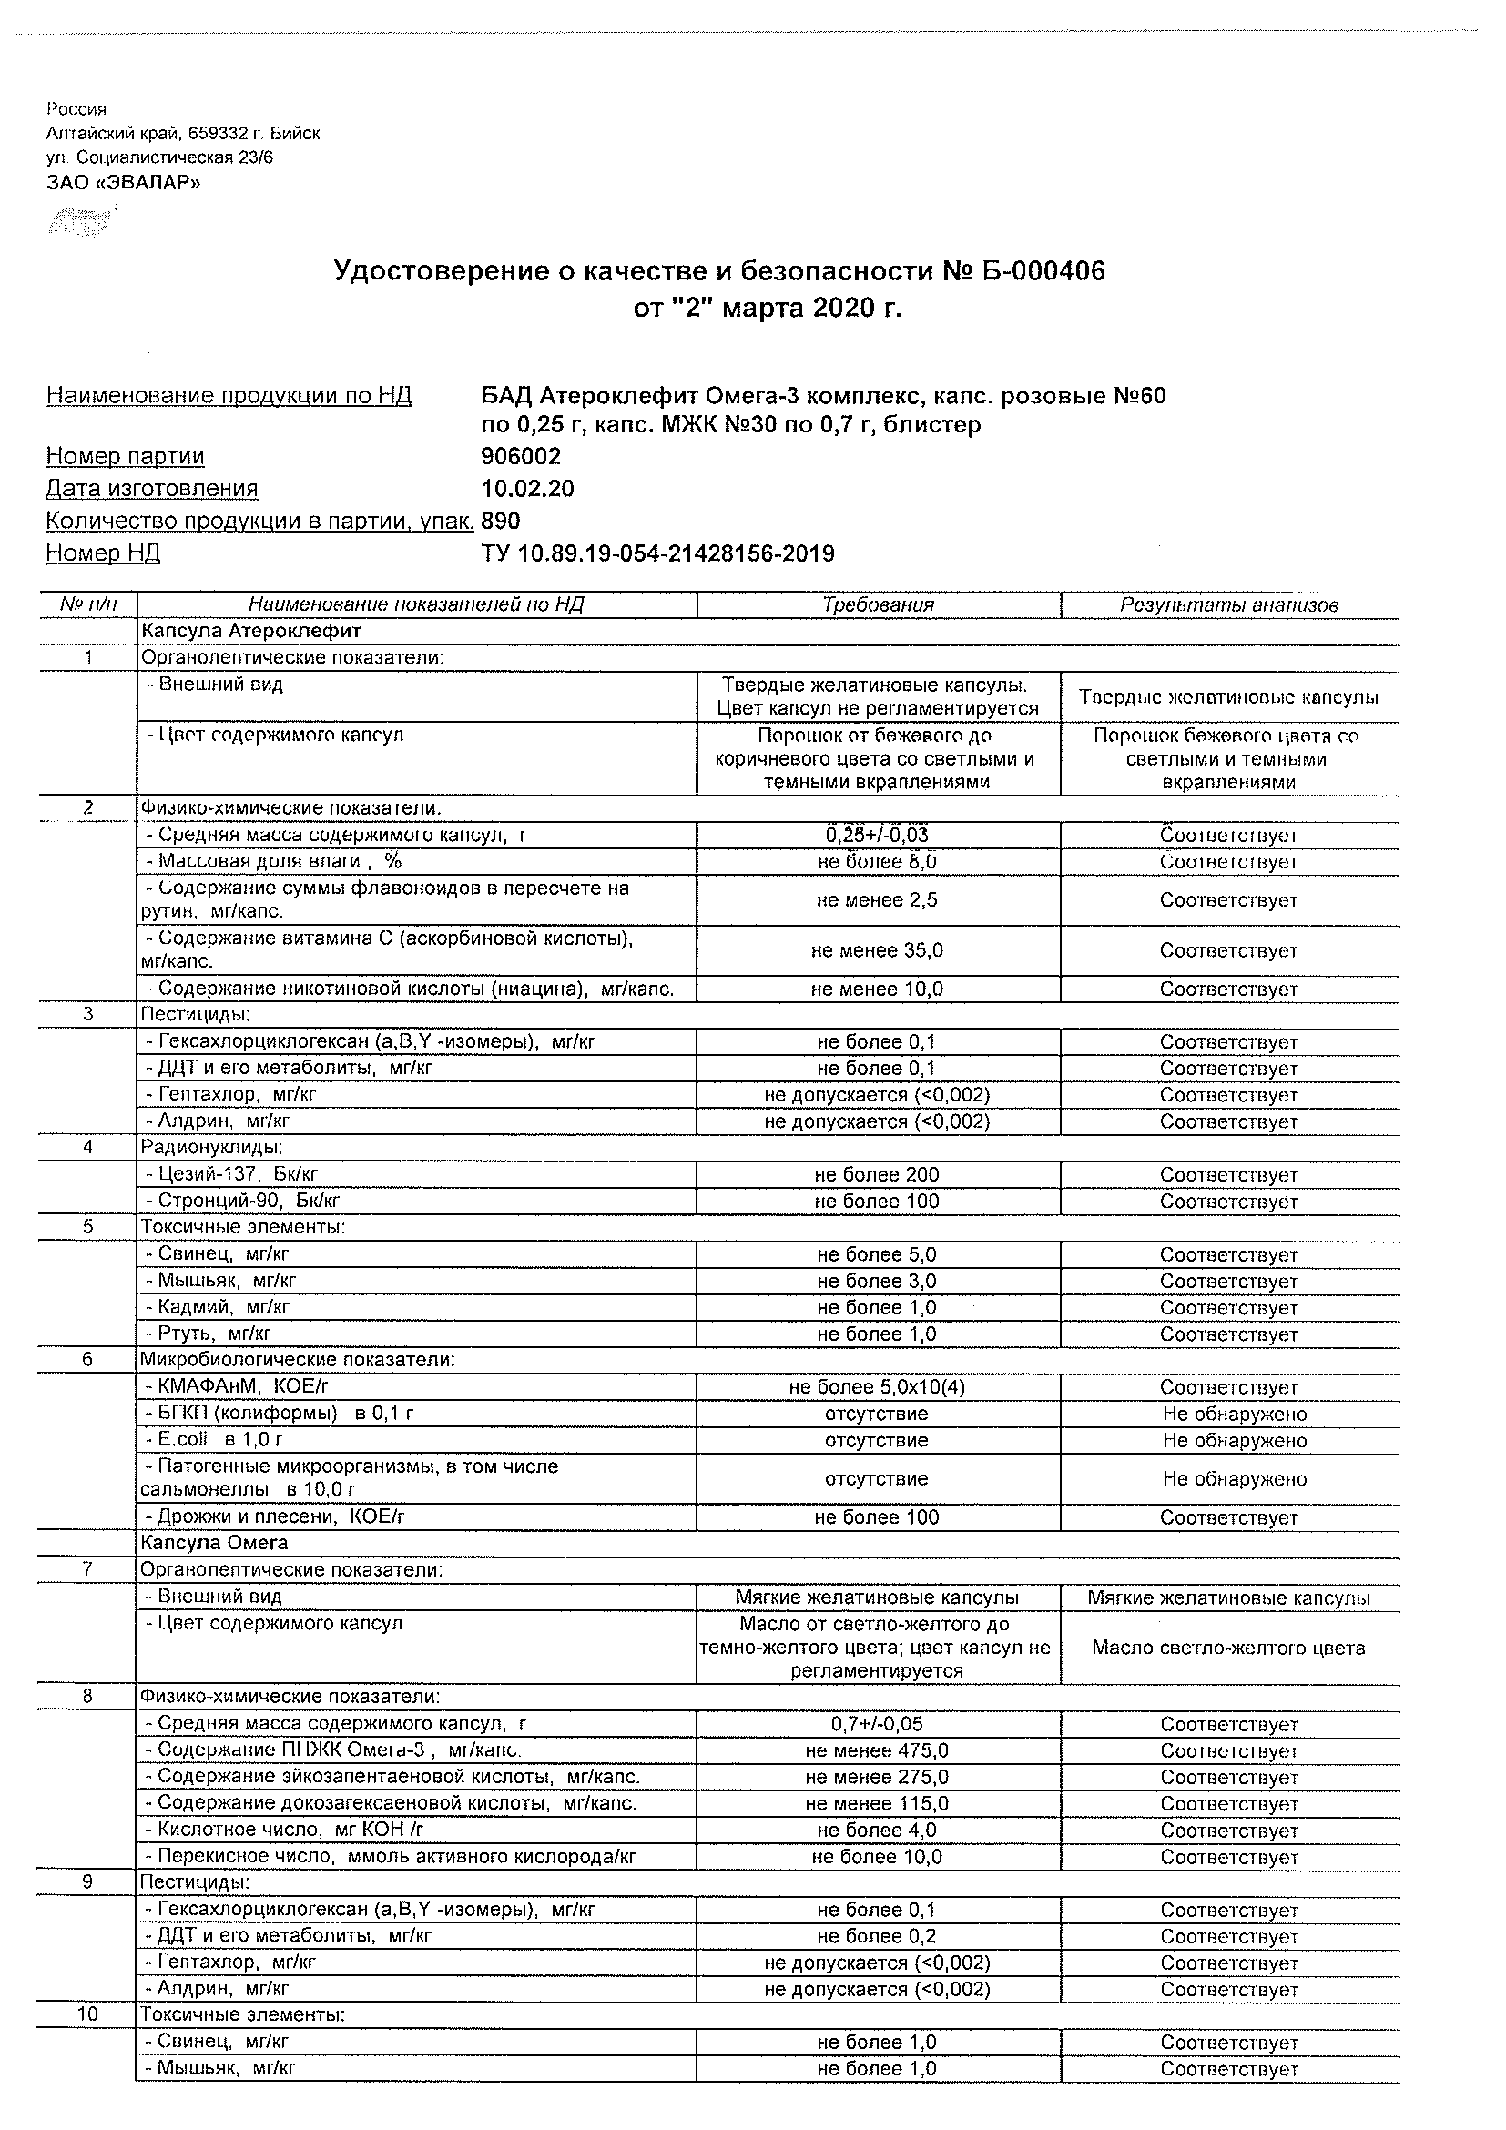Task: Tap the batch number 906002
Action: coord(521,456)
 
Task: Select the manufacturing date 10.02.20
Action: coord(527,489)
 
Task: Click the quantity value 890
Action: coord(501,521)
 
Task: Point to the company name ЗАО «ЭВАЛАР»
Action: coord(124,182)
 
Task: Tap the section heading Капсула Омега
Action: coord(214,1543)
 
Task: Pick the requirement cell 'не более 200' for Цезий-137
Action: coord(877,1174)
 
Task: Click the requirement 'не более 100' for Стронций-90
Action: coord(877,1202)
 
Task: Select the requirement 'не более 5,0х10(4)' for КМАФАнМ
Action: coord(877,1388)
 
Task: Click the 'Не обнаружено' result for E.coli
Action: coord(1234,1441)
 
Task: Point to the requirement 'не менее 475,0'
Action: coord(877,1750)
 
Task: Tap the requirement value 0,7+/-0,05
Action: coord(877,1725)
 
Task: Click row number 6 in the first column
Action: coord(88,1360)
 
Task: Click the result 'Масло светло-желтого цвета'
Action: coord(1228,1648)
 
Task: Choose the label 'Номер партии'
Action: coord(126,456)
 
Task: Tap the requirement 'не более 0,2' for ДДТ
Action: coord(877,1936)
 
